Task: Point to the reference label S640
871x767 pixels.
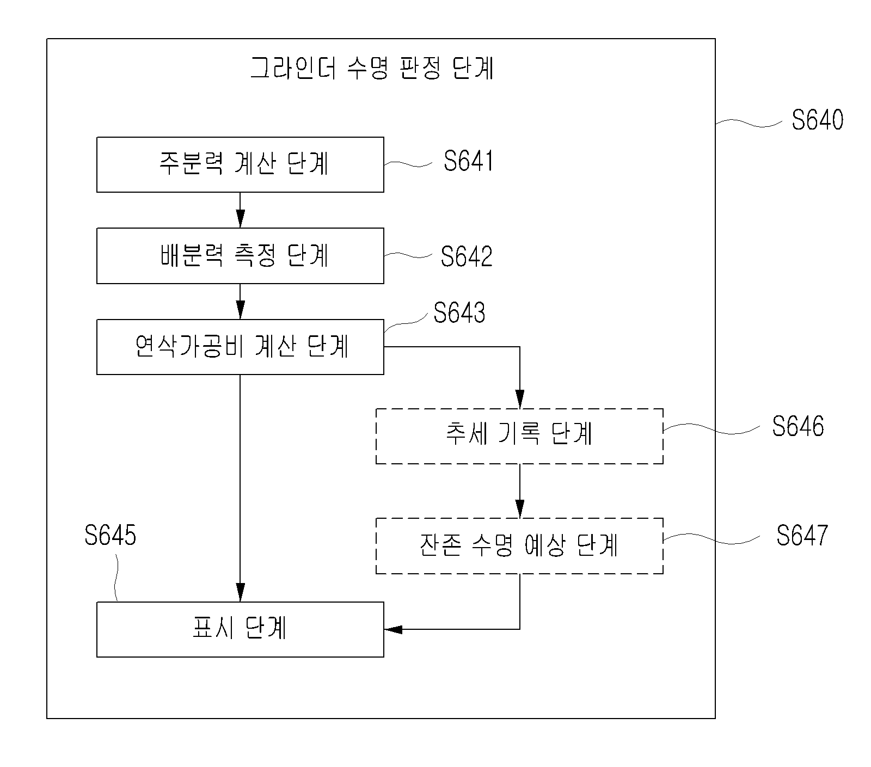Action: click(817, 119)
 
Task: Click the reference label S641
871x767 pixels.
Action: click(468, 161)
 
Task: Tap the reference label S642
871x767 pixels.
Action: click(467, 256)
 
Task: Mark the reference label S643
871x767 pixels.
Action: click(459, 313)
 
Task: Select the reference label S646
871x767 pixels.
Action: click(798, 426)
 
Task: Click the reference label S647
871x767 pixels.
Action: click(802, 535)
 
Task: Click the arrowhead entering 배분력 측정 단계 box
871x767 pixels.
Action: click(240, 220)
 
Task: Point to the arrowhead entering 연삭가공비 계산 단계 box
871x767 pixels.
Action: click(240, 311)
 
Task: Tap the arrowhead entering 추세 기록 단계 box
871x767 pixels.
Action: click(519, 400)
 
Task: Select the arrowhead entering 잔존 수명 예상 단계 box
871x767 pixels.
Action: click(519, 509)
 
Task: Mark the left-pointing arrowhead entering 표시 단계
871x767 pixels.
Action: click(393, 629)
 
